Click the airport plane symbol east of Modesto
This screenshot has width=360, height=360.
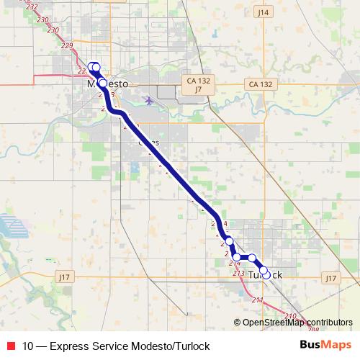pos(148,100)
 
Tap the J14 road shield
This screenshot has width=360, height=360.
pos(262,12)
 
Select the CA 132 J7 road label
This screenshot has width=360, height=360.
pos(197,85)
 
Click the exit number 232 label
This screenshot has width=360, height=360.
pos(32,7)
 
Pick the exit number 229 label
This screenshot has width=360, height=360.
pos(67,45)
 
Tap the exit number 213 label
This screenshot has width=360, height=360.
pos(238,274)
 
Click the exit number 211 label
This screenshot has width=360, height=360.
pos(258,300)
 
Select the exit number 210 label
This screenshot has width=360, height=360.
pos(290,316)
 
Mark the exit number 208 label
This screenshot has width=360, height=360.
pos(312,328)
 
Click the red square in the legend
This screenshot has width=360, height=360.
pos(9,346)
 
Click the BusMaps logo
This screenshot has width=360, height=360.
pos(325,345)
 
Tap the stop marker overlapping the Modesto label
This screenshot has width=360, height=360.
pos(102,83)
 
